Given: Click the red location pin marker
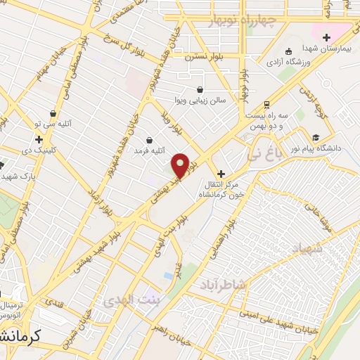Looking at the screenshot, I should click(180, 165).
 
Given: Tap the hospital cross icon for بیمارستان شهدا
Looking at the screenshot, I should click(326, 37).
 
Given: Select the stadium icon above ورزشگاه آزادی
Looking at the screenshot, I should click(289, 51).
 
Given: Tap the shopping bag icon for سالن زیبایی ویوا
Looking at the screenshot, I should click(200, 89).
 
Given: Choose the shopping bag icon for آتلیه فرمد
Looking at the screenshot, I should click(150, 139).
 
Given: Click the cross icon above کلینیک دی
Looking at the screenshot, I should click(39, 139).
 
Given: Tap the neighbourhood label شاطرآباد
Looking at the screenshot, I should click(223, 284).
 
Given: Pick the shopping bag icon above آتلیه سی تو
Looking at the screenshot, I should click(53, 113).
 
